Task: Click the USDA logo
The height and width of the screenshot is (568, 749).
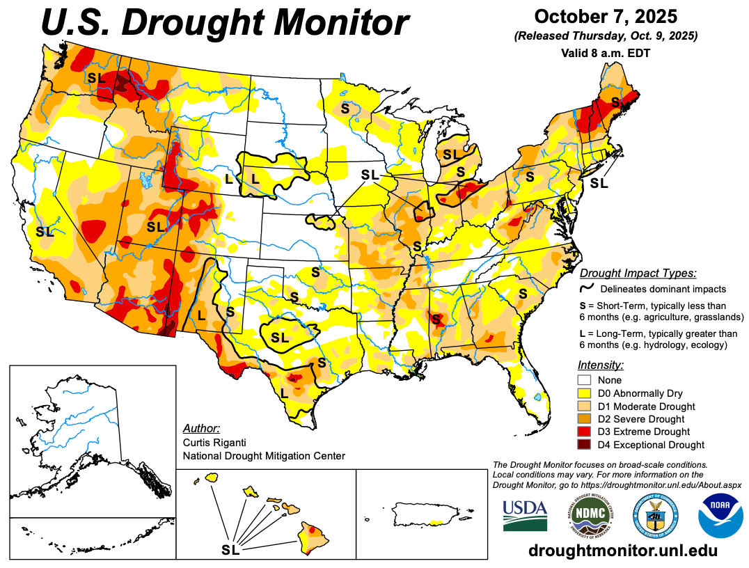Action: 524,514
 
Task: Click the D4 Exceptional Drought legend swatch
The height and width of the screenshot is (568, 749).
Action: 585,445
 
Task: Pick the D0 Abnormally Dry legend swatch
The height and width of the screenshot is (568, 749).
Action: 585,393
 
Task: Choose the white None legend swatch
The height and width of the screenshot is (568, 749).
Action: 585,380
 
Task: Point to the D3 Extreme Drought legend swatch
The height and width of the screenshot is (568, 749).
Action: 585,432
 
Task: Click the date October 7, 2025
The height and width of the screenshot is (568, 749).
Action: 606,16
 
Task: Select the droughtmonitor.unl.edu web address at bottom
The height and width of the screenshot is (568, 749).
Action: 622,550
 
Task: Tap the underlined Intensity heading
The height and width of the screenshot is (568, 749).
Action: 600,365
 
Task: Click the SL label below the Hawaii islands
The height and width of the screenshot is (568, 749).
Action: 230,550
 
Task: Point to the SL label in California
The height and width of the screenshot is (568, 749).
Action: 45,232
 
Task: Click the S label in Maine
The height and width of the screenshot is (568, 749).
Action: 615,102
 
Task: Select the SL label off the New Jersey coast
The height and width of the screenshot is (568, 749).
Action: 599,184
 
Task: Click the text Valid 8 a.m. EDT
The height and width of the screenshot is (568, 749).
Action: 605,52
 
